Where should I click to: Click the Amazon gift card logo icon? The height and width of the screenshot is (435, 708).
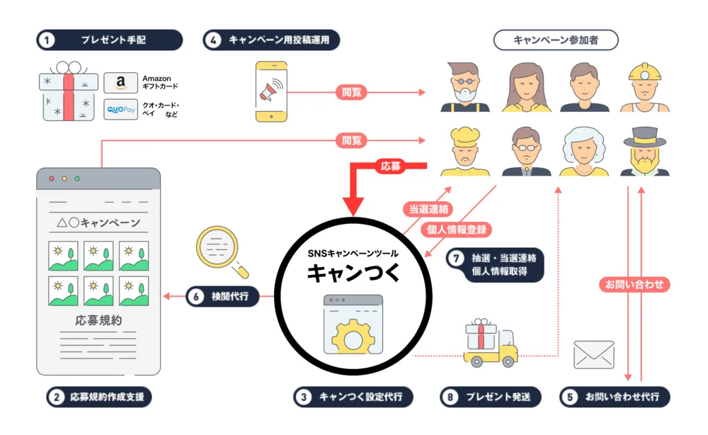[120, 83]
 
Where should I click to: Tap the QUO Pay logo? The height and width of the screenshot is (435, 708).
[120, 110]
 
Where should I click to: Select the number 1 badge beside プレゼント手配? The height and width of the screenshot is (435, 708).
[47, 40]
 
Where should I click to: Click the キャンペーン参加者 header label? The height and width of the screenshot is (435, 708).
[556, 40]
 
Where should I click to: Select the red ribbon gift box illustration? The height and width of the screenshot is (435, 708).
[68, 96]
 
